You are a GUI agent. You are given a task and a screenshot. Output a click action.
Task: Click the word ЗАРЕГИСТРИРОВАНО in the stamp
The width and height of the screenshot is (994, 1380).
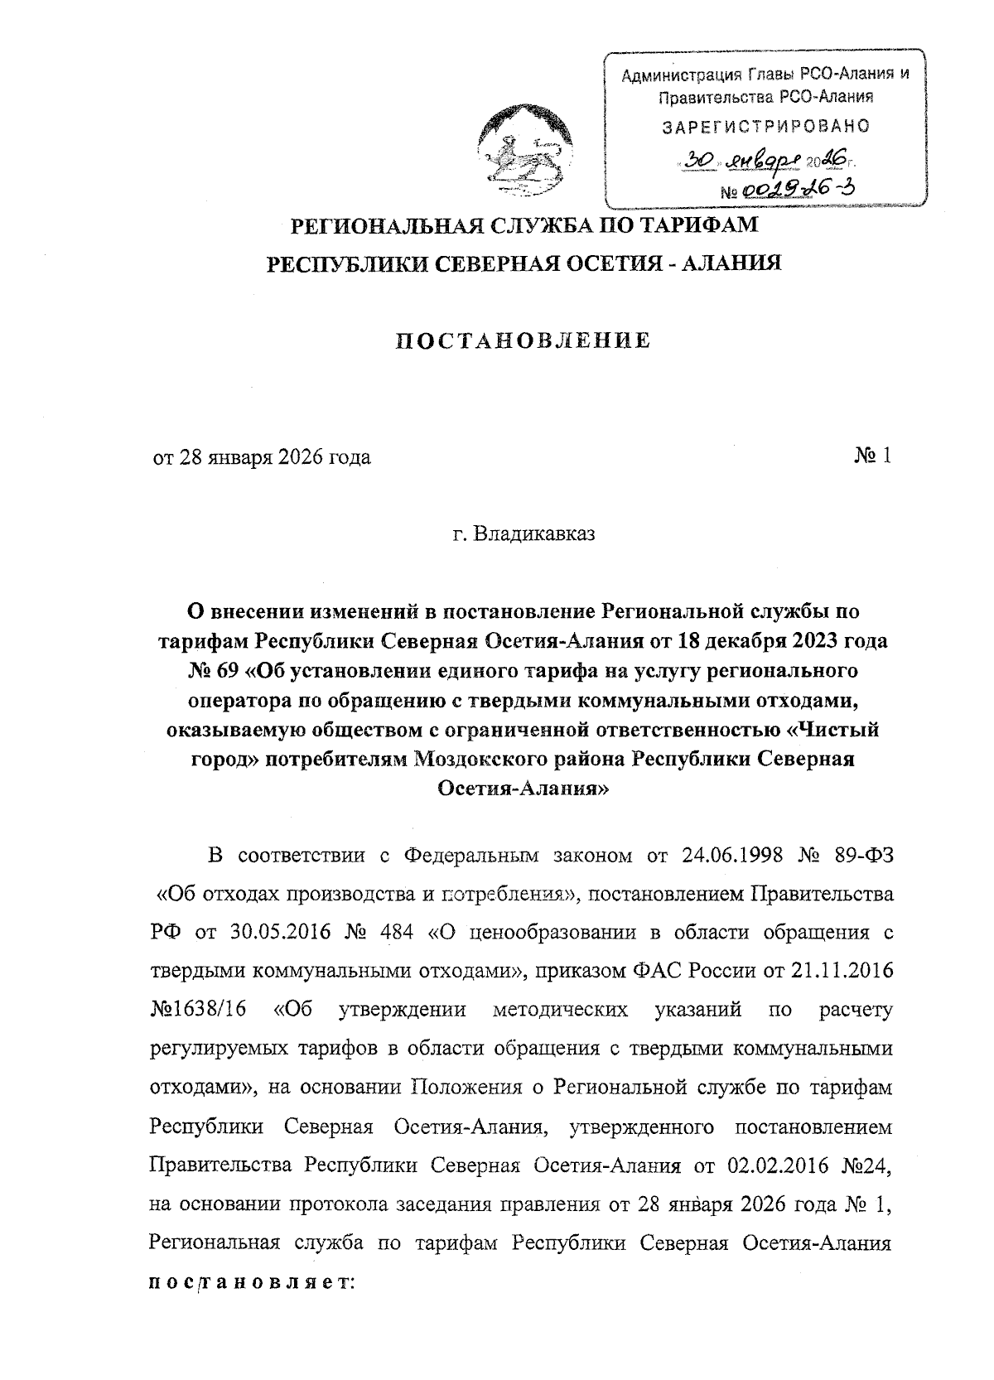point(765,127)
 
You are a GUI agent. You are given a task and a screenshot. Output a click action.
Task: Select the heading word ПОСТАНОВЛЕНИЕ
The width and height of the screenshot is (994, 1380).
point(521,340)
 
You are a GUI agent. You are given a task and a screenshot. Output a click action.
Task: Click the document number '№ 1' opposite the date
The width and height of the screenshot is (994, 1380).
point(871,456)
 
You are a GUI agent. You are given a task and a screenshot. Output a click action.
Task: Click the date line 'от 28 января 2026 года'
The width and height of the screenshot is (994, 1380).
point(261,457)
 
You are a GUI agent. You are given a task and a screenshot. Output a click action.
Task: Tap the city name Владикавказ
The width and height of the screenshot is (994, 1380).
point(523,534)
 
